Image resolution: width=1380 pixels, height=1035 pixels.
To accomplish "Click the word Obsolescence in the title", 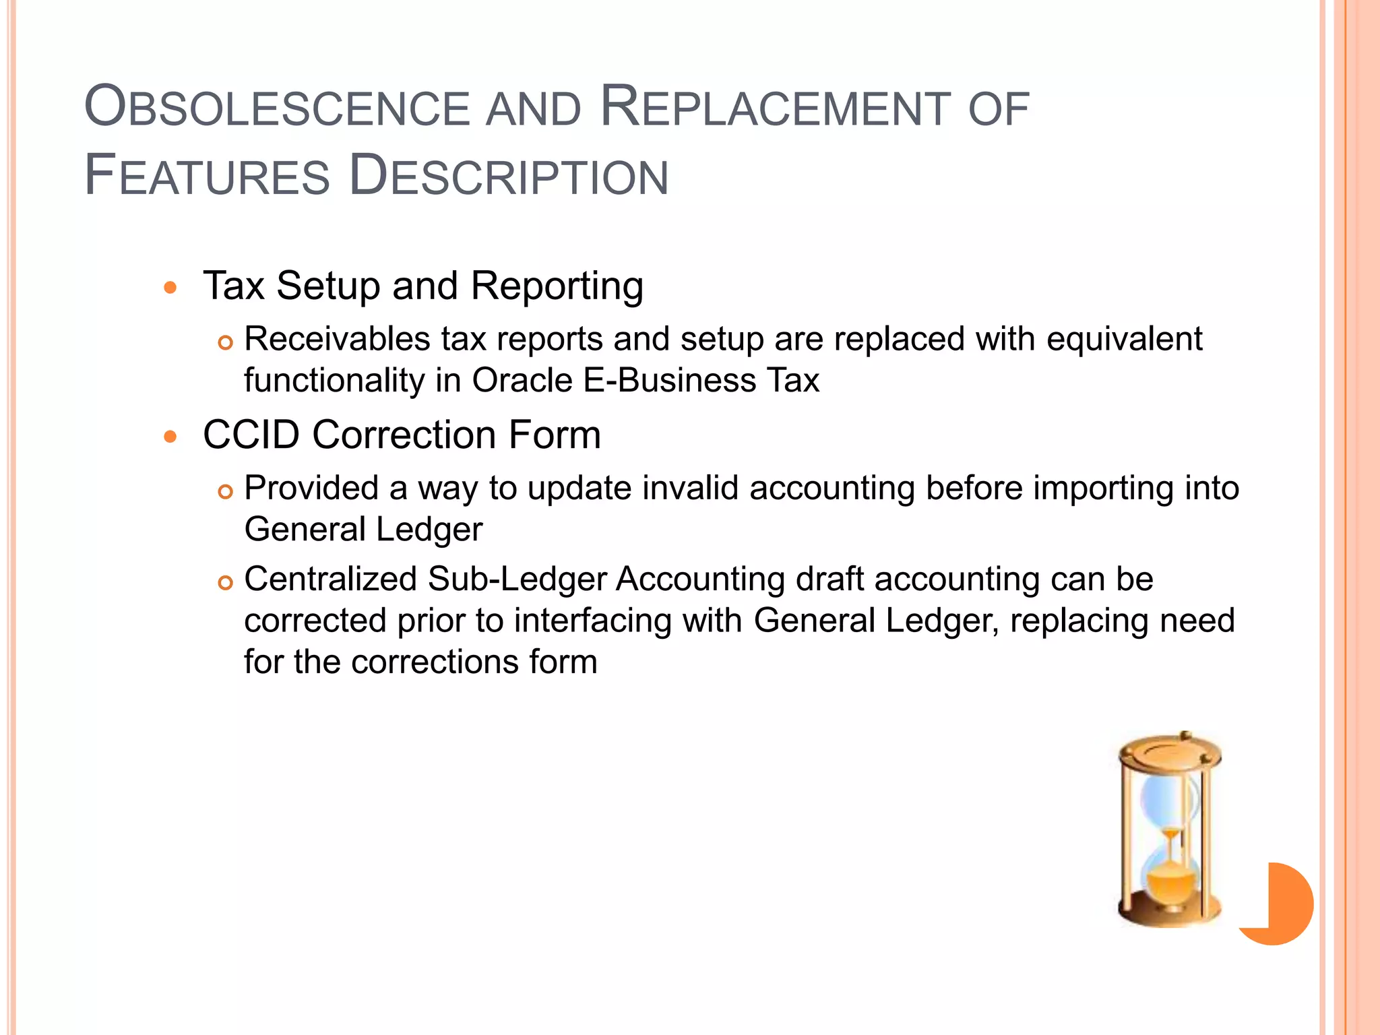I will coord(277,108).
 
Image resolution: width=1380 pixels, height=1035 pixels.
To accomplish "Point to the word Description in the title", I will coord(509,176).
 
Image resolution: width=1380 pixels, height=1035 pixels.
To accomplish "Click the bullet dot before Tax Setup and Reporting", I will coord(170,288).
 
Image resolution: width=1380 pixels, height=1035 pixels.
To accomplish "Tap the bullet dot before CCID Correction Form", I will coord(170,437).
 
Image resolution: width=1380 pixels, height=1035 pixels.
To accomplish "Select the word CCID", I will coord(251,435).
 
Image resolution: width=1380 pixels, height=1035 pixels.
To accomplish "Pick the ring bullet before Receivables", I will coord(225,343).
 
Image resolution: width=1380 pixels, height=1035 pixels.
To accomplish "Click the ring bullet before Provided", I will coord(225,492).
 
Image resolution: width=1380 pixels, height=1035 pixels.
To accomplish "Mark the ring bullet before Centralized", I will coord(225,583).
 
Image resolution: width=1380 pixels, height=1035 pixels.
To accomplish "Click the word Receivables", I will coord(337,339).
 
